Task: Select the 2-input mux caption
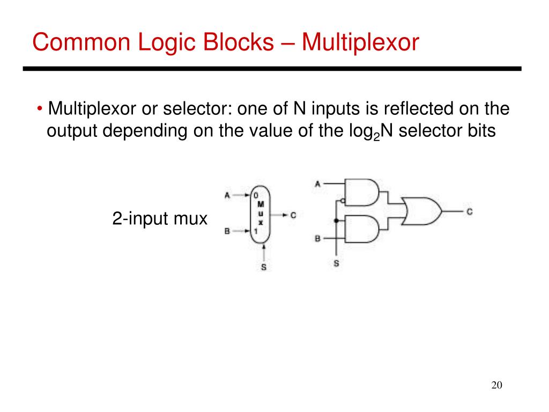159,219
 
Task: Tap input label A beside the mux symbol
227,195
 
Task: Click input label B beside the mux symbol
227,231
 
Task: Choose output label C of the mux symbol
293,215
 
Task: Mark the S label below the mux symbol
264,267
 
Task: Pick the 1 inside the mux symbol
256,231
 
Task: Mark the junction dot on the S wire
336,220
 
